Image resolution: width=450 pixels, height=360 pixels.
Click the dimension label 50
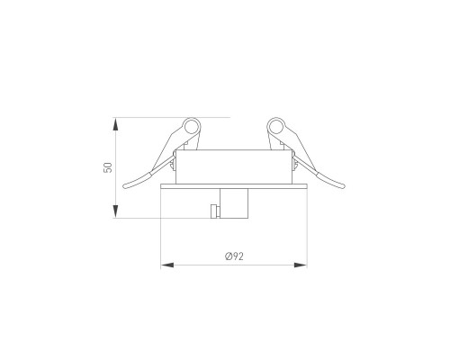click(108, 167)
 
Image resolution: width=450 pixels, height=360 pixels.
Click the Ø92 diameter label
click(234, 256)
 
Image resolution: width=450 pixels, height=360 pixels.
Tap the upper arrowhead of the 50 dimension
click(115, 123)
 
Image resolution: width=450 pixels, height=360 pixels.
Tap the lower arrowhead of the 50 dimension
click(115, 211)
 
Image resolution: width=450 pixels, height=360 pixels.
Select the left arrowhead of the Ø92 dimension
click(167, 265)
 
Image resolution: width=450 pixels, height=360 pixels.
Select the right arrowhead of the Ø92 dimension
click(301, 265)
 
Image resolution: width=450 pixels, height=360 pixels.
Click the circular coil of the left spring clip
click(192, 127)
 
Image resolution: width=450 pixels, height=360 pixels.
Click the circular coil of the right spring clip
click(275, 127)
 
